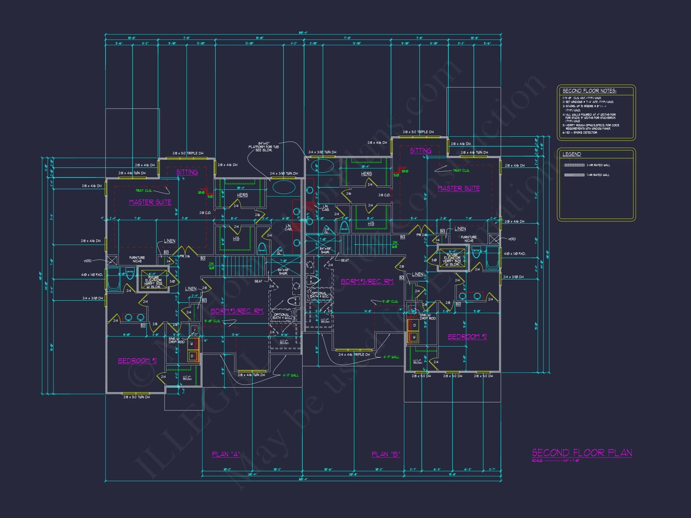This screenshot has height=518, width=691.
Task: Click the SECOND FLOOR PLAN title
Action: click(582, 453)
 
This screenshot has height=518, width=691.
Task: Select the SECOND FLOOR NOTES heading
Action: click(589, 91)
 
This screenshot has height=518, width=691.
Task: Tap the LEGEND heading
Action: click(572, 154)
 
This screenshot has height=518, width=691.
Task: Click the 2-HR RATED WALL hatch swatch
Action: click(574, 165)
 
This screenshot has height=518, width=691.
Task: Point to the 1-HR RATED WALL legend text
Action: click(598, 175)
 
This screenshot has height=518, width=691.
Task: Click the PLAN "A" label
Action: click(226, 454)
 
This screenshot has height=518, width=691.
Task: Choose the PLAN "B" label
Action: click(386, 454)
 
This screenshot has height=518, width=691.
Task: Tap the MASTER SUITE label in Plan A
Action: click(150, 202)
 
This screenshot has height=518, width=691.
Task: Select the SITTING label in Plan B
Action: click(420, 150)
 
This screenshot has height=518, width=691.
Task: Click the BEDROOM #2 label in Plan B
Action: click(467, 337)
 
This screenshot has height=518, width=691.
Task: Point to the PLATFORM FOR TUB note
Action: click(263, 147)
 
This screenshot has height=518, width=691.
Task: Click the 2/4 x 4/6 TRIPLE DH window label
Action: click(354, 354)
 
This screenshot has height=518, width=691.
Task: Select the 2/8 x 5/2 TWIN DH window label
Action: click(136, 397)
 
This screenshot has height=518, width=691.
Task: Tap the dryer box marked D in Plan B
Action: click(414, 325)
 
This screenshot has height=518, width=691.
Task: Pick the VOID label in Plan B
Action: click(512, 239)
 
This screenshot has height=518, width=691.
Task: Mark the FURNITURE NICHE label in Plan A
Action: click(137, 259)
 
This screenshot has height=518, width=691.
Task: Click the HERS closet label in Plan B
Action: click(366, 174)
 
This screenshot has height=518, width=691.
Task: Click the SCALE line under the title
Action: click(556, 461)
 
